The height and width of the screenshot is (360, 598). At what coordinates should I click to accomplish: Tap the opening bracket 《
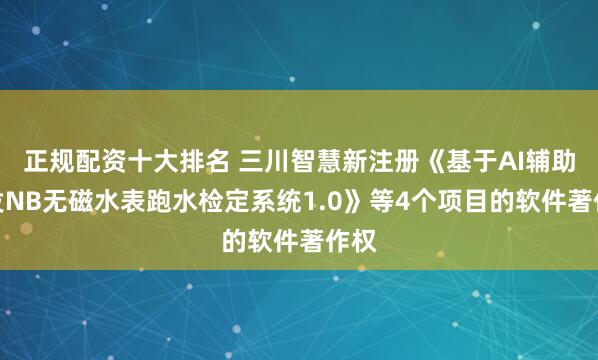413,158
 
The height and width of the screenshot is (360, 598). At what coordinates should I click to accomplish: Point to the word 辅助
531,158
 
